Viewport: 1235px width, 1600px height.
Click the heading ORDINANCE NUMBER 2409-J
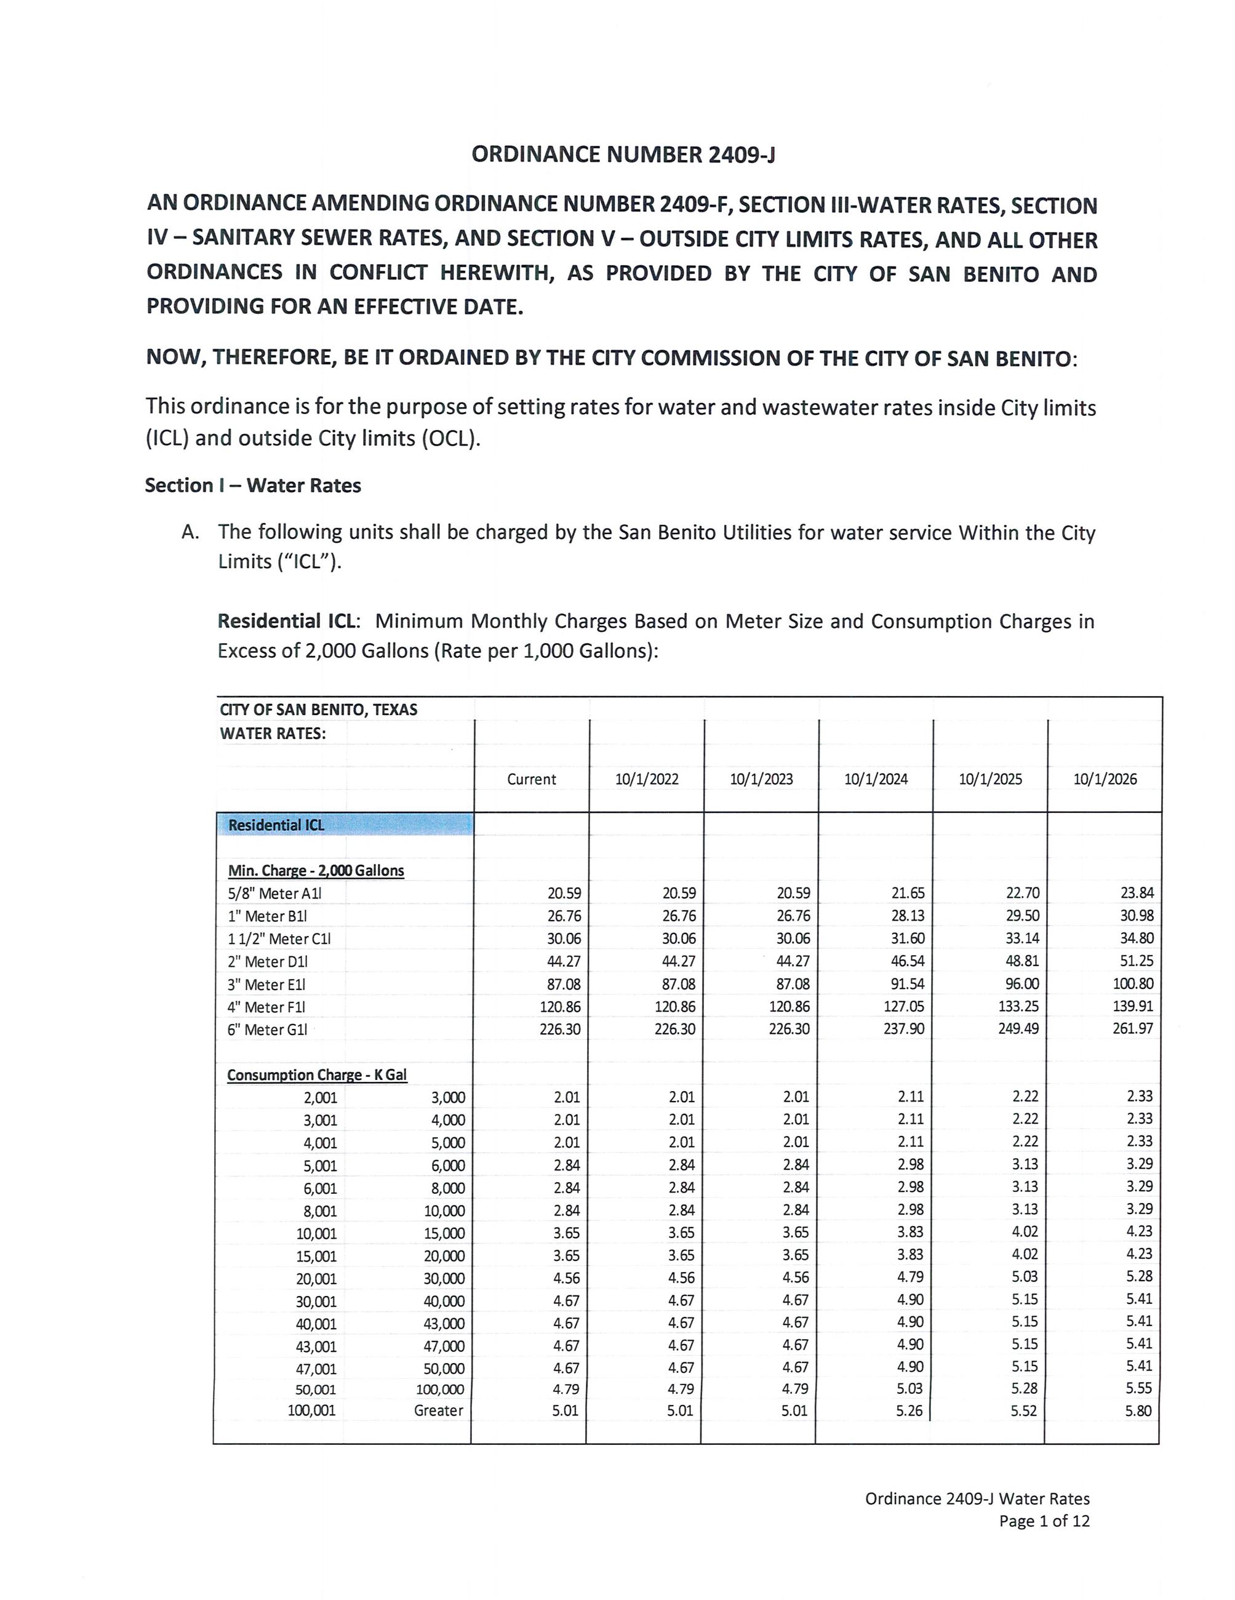click(x=623, y=154)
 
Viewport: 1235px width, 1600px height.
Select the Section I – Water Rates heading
click(x=253, y=486)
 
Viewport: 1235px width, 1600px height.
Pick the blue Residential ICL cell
click(x=345, y=825)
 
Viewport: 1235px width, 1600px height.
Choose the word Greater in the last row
click(x=438, y=1410)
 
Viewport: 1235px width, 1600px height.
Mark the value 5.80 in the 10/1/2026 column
click(x=1138, y=1410)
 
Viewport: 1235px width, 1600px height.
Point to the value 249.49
click(x=1018, y=1028)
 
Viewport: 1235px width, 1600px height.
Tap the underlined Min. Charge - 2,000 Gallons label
click(x=316, y=870)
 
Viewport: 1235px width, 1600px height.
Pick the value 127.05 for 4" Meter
click(x=904, y=1006)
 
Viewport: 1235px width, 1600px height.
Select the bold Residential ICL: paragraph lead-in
click(x=288, y=622)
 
